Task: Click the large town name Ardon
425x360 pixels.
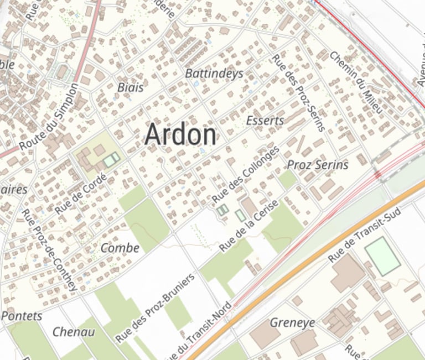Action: pos(180,135)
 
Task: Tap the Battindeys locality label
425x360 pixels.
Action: pos(214,74)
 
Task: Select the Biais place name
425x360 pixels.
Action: pos(131,87)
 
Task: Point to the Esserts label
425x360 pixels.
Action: pos(265,121)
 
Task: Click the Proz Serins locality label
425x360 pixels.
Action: pos(318,165)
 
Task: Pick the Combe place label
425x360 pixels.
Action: pos(120,248)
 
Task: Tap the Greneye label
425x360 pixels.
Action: pos(292,322)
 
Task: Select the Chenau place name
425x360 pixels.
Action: pos(73,332)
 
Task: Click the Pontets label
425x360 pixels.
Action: pos(22,316)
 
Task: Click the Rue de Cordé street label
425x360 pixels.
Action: pos(81,192)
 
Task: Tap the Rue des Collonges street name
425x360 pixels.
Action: pos(246,176)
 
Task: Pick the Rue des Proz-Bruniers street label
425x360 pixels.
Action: pos(156,307)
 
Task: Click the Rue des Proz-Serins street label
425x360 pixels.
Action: pos(298,92)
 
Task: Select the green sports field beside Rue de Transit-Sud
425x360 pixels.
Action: pos(382,256)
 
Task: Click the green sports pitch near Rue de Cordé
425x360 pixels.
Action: pos(111,160)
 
